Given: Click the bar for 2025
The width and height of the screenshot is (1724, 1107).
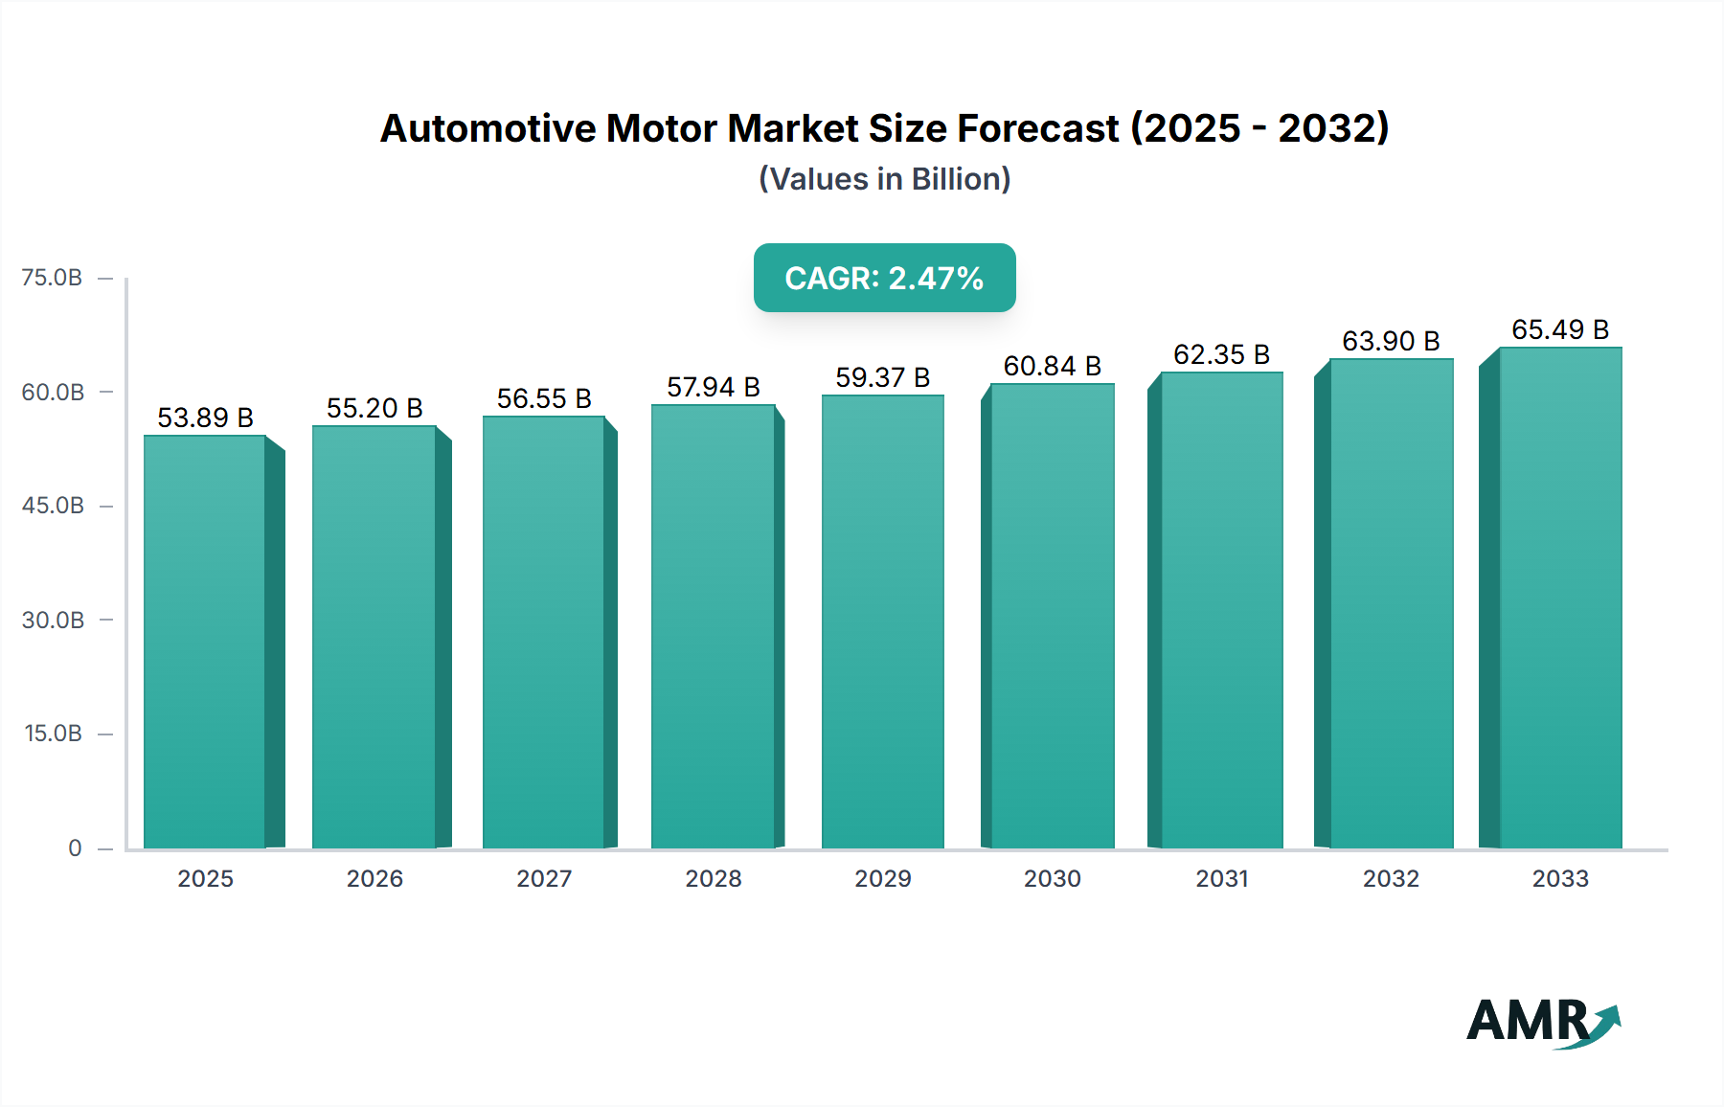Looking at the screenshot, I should coord(205,642).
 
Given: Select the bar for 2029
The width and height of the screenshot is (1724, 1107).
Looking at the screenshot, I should coord(882,622).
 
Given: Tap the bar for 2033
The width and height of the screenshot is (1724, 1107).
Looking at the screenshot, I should coord(1559,599).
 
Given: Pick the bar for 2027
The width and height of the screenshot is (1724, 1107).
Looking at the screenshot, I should coord(543,632).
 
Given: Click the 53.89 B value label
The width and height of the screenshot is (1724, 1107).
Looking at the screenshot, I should coord(205,418).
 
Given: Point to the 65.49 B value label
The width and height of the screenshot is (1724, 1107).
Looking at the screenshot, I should coord(1559,329).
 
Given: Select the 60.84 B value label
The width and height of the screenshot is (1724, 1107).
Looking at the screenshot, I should coord(1052,366).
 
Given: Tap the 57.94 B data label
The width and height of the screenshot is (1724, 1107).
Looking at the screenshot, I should coord(713,387).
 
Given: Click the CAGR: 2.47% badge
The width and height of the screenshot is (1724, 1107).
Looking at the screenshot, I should coord(884,278).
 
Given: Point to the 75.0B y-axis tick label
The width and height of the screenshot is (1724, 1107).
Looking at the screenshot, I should coord(52,278).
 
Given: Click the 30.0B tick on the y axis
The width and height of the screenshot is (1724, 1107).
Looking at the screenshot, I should coord(53,620).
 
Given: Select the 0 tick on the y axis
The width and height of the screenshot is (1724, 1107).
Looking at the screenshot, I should coord(75,847).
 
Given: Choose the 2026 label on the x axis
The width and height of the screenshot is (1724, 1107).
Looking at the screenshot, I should coord(374,878).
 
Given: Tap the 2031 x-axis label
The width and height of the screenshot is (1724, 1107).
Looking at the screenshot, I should coord(1221,878).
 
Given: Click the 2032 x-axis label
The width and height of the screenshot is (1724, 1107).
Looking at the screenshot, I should coord(1391,878).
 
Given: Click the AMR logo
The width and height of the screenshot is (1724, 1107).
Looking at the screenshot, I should coord(1542,1022).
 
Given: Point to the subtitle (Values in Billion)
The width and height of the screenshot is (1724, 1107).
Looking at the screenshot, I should coord(884,179).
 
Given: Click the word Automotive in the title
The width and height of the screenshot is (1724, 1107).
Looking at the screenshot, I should coord(487,128).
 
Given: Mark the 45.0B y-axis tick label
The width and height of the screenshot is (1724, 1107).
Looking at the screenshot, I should coord(53,506).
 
